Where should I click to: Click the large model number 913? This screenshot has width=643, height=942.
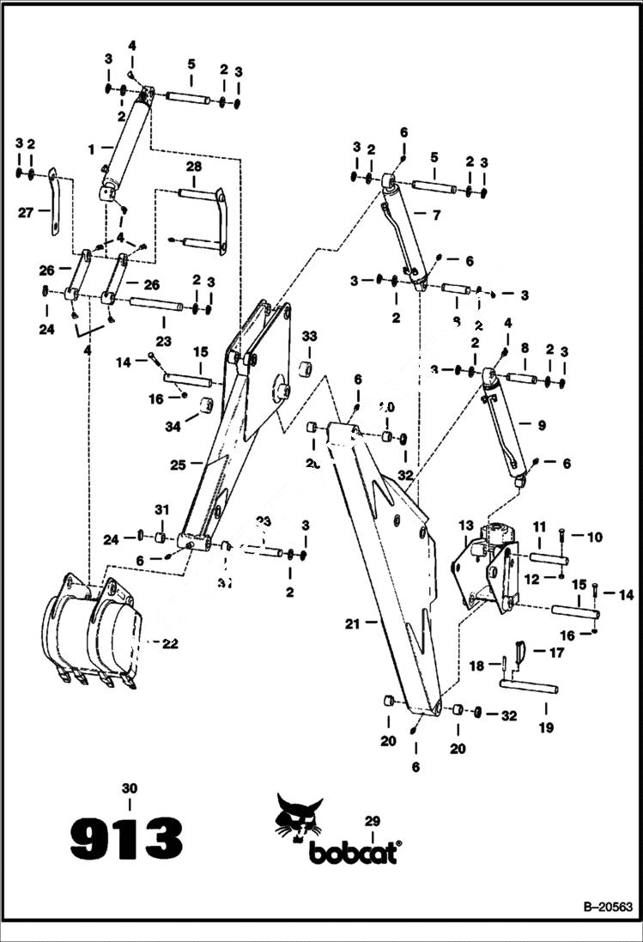[126, 837]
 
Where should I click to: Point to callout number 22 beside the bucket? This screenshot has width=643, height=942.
[170, 644]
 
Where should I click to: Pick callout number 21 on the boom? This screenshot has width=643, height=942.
[352, 623]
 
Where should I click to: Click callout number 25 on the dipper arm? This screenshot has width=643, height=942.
[178, 465]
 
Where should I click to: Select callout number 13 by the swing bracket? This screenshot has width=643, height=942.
[465, 525]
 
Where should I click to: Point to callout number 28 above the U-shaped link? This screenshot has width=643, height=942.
[194, 165]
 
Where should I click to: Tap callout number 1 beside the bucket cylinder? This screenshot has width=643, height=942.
[90, 149]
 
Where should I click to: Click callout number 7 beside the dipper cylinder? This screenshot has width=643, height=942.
[436, 216]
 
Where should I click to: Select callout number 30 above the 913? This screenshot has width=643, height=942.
[130, 787]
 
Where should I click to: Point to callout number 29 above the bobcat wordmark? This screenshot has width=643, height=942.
[372, 821]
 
